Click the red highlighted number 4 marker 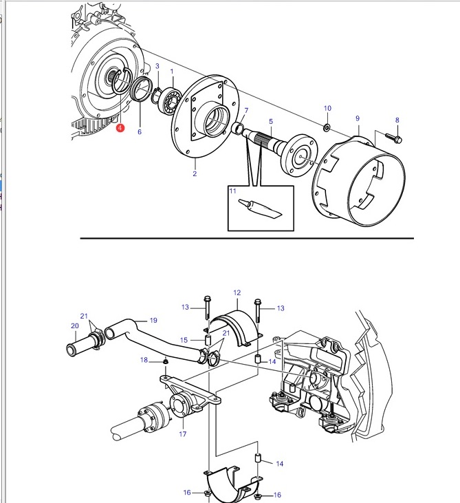[x=120, y=128]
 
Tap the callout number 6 [x=140, y=132]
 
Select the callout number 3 [x=157, y=66]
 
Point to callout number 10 [x=327, y=109]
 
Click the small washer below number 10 [x=327, y=128]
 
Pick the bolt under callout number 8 [x=394, y=138]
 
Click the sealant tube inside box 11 [x=261, y=208]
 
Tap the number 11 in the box [x=232, y=191]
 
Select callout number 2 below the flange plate [x=195, y=174]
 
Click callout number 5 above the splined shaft [x=271, y=122]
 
